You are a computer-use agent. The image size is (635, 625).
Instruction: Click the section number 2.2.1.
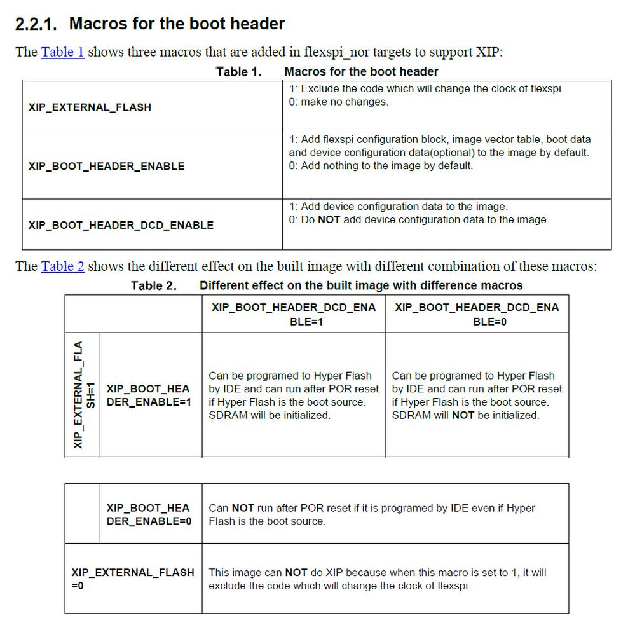pos(36,24)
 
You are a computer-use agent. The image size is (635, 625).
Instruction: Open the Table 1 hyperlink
pos(62,52)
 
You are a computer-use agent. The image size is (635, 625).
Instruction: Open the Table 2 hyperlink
pos(62,266)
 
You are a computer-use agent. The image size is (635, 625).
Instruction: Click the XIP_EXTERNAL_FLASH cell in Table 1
pos(90,107)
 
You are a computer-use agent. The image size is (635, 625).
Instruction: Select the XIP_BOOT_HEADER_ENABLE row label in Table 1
pos(106,166)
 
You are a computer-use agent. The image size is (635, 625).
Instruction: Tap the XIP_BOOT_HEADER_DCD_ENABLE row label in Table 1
pos(121,225)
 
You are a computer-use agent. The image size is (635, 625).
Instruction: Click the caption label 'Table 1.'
pos(238,72)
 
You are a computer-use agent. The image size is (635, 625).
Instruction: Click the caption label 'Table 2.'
pos(154,286)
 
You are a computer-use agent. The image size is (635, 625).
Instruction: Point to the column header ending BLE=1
pos(294,314)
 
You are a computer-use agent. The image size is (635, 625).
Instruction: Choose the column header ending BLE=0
pos(477,314)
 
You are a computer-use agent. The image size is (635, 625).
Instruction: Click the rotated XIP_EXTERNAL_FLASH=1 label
pos(83,394)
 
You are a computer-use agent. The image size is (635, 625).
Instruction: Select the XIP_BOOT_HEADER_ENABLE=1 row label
pos(148,395)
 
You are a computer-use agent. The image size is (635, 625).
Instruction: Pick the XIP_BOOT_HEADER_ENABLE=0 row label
pos(148,514)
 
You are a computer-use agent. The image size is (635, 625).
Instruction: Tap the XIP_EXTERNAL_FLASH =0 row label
pos(132,578)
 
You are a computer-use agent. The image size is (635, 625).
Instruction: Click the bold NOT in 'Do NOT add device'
pos(329,220)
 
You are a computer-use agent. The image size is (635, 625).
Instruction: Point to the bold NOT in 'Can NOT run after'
pos(243,508)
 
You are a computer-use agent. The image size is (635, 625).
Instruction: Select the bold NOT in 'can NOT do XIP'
pos(296,572)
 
